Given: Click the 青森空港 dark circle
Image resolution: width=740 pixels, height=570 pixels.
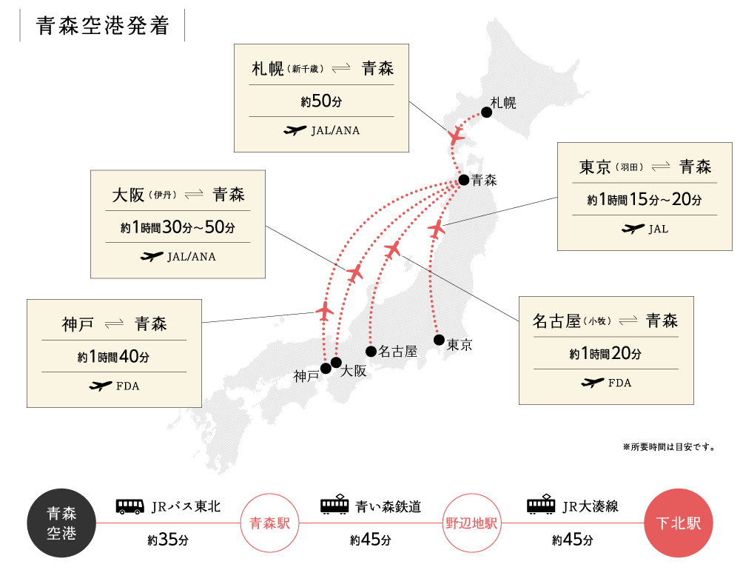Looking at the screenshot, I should click(x=61, y=523).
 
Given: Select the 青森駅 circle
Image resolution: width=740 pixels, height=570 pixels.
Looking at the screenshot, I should click(x=269, y=523).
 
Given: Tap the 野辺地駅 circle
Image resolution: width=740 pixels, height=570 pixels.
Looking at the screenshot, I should click(x=472, y=523).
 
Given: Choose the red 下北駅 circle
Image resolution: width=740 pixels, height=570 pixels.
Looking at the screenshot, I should click(x=679, y=523).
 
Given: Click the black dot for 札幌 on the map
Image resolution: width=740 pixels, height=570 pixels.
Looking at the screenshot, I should click(x=486, y=112).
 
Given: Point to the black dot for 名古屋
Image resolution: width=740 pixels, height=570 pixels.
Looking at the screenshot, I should click(x=371, y=351).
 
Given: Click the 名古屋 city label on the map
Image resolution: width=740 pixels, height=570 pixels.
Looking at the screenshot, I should click(x=398, y=352).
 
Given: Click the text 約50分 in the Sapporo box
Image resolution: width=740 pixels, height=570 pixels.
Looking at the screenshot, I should click(x=321, y=101).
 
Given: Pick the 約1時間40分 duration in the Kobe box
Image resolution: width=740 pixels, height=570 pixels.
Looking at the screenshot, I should click(x=114, y=357).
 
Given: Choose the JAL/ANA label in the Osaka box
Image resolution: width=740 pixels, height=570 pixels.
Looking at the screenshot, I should click(x=192, y=257).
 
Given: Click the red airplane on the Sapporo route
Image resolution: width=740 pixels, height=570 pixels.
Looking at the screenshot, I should click(x=456, y=136).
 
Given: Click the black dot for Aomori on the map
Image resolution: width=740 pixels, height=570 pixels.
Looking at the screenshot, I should click(x=463, y=180).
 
